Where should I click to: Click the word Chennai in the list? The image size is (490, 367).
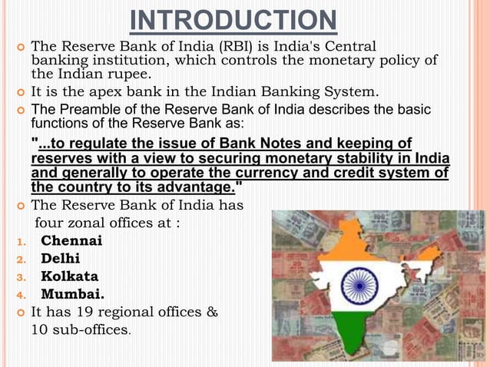click(x=71, y=241)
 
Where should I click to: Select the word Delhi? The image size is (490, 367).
click(x=61, y=259)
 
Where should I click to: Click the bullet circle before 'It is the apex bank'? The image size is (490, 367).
click(x=18, y=94)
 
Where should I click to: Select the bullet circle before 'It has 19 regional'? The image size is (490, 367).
click(x=18, y=312)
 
